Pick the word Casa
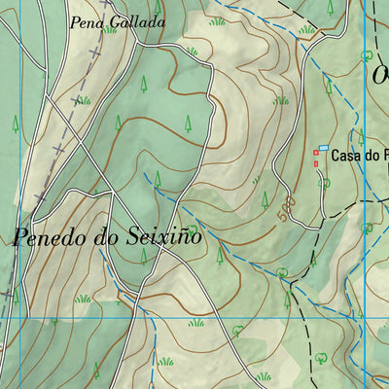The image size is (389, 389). pyautogui.click(x=345, y=155)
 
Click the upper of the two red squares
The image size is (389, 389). pyautogui.click(x=315, y=153)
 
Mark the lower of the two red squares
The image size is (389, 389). pyautogui.click(x=315, y=162)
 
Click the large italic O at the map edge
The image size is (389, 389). pyautogui.click(x=380, y=75)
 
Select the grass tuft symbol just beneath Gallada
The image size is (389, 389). pyautogui.click(x=110, y=31)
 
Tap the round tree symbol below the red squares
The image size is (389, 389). pyautogui.click(x=325, y=181)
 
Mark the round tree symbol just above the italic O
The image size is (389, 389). pyautogui.click(x=367, y=55)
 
